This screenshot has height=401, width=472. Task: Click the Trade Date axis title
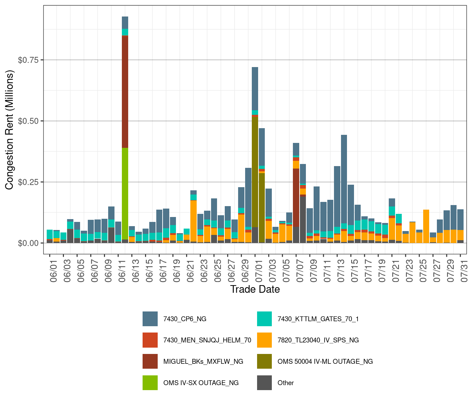pos(255,289)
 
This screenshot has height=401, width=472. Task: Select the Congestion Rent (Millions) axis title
pos(9,130)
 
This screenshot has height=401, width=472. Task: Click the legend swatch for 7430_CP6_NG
pos(150,319)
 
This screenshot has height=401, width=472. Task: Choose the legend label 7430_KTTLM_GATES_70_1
pos(318,319)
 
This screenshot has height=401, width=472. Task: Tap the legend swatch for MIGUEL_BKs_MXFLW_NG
pos(150,361)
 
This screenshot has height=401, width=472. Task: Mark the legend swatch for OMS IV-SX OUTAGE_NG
pos(150,383)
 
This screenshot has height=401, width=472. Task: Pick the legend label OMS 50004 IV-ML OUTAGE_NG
pos(325,361)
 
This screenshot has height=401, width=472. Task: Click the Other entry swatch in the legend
pos(264,383)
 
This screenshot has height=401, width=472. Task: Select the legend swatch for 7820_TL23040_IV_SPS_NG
pos(264,340)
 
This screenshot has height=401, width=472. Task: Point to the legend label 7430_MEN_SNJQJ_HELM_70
pos(207,340)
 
